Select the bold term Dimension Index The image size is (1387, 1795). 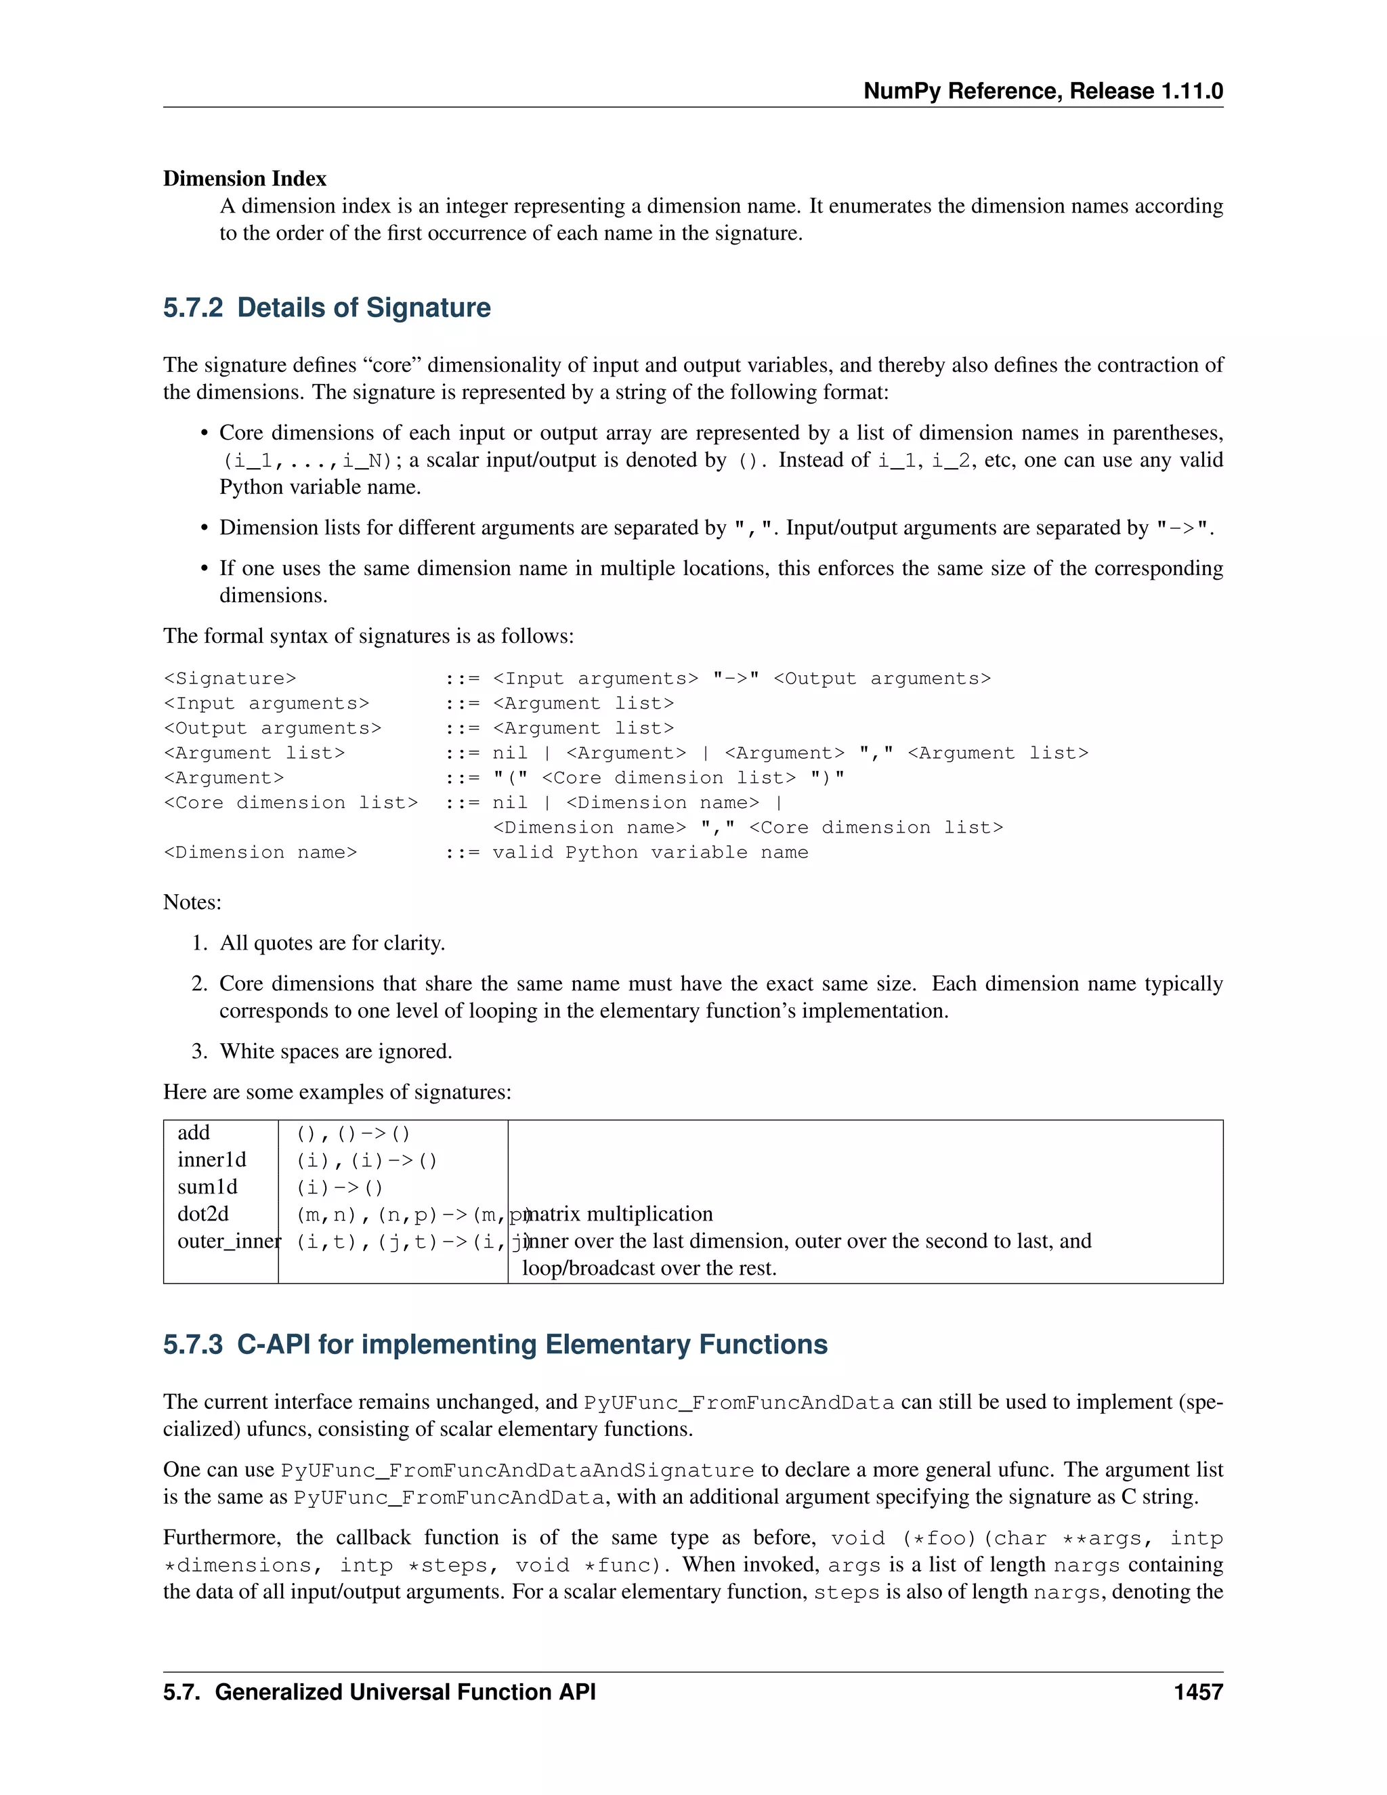pyautogui.click(x=244, y=178)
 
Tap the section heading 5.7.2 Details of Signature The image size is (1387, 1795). pyautogui.click(x=326, y=308)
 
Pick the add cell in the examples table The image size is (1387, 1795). pyautogui.click(x=194, y=1133)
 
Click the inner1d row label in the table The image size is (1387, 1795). pyautogui.click(x=212, y=1160)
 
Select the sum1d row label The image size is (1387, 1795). pyautogui.click(x=207, y=1187)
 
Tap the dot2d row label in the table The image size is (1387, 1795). pyautogui.click(x=203, y=1214)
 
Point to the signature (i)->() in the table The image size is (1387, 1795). pyautogui.click(x=339, y=1187)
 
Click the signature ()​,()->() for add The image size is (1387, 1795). pyautogui.click(x=352, y=1133)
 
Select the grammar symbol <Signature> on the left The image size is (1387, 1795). pyautogui.click(x=230, y=679)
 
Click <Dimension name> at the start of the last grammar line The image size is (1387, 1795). pyautogui.click(x=261, y=852)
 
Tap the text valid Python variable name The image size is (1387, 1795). pyautogui.click(x=650, y=852)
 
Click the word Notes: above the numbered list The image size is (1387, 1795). pyautogui.click(x=192, y=902)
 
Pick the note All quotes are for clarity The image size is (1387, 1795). pyautogui.click(x=332, y=943)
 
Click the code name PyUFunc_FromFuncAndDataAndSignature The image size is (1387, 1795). pyautogui.click(x=517, y=1471)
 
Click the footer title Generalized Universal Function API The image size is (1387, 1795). pyautogui.click(x=405, y=1692)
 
